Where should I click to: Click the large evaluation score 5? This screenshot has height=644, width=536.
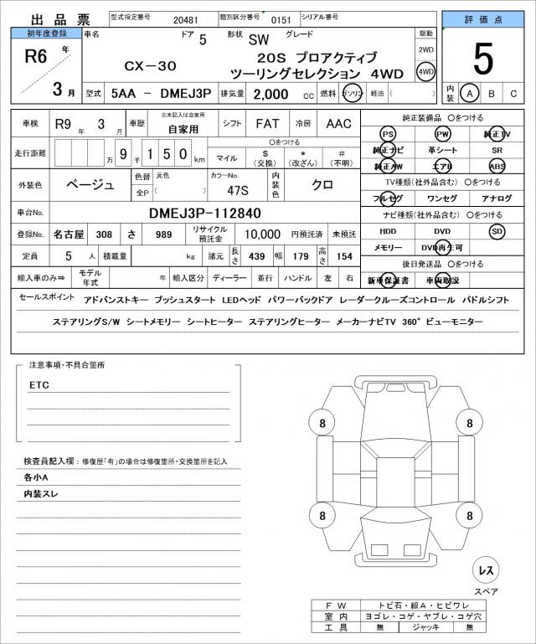pos(482,58)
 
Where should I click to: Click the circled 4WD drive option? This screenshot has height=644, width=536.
pos(426,72)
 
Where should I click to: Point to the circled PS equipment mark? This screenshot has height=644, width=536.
pos(387,134)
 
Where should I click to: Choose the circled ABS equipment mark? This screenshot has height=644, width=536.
pos(497,166)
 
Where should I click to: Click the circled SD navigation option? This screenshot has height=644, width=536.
pos(497,230)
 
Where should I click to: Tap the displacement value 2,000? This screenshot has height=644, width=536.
pos(272,94)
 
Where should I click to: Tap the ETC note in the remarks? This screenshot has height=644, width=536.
pos(40,385)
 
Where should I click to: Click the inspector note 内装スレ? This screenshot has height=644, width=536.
pos(41,495)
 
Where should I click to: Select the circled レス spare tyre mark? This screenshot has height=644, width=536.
pos(485,570)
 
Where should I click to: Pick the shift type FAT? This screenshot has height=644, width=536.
pos(268,124)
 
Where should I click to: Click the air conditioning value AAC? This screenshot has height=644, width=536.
pos(339,124)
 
